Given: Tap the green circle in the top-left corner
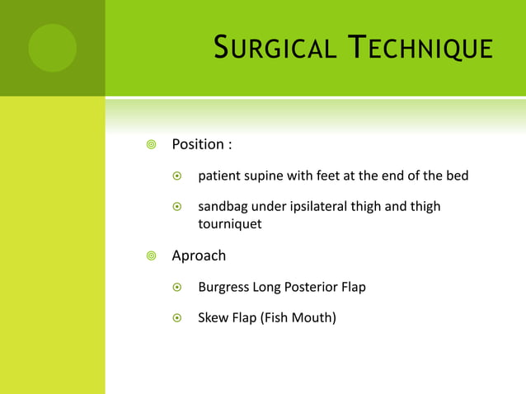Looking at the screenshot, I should pos(52,48).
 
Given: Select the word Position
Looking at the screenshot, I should pos(197,144).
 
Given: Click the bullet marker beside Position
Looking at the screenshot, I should pos(150,145).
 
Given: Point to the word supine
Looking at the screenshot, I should pos(265,176).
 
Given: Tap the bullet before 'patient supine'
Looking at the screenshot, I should pos(177,176).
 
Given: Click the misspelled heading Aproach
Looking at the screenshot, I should pos(199,256).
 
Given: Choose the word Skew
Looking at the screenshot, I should pos(213,317).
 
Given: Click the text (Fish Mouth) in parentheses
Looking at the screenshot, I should pos(298,317).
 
